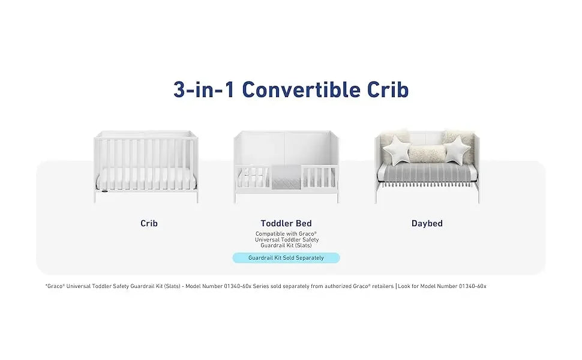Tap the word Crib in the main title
pos(387,89)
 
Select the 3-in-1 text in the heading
pos(204,89)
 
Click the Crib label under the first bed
pos(149,223)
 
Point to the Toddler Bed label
pos(286,223)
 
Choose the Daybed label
pos(427,223)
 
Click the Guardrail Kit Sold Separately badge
pos(286,258)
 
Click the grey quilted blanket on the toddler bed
pos(286,177)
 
